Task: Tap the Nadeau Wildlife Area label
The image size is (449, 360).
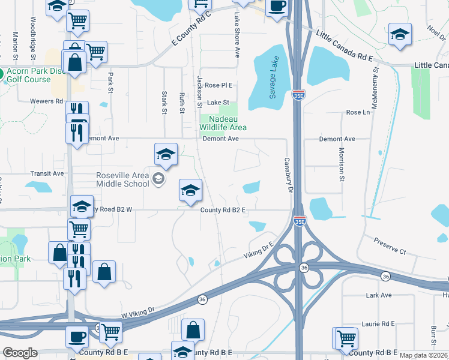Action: coord(223,124)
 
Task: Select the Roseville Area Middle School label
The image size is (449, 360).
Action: coord(122,179)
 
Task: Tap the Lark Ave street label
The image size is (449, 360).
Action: coord(378,295)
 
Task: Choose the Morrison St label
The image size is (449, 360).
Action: coord(341,164)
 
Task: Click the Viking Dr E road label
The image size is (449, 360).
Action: coord(259,250)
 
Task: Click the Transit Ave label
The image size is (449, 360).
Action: coord(47,173)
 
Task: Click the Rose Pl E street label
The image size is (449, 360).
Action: coord(218,85)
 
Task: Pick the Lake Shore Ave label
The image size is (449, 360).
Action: coord(237,35)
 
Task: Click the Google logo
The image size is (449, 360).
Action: coord(20,353)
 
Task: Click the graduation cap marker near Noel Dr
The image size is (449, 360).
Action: coord(399,35)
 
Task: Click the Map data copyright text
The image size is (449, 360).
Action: coord(424,355)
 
